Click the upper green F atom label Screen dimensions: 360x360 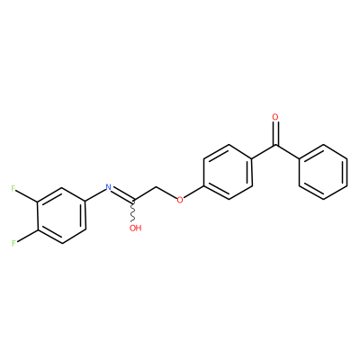(x=13, y=188)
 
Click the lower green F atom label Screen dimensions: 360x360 (x=13, y=243)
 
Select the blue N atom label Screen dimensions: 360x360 (x=109, y=188)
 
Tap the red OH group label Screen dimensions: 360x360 (x=135, y=228)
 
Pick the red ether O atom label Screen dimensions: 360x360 (x=180, y=200)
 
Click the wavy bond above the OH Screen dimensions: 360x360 (x=132, y=211)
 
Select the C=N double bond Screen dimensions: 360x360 (x=122, y=194)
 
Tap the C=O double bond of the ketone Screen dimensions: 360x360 (x=275, y=134)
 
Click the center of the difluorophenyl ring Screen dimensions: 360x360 (x=61, y=216)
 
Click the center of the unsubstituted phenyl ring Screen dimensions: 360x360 (x=323, y=172)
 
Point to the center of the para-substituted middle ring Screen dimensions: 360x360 (x=228, y=172)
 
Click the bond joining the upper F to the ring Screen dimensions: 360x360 (x=27, y=195)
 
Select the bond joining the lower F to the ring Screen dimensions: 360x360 (x=27, y=236)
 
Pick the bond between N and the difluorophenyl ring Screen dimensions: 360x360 (x=95, y=195)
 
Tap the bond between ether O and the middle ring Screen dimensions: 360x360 (x=193, y=192)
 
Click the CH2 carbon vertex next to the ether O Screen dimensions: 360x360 (x=157, y=188)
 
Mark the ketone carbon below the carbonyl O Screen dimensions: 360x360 (x=275, y=146)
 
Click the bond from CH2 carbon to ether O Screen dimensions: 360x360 (x=166, y=193)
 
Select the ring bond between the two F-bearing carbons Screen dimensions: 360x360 (x=38, y=216)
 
